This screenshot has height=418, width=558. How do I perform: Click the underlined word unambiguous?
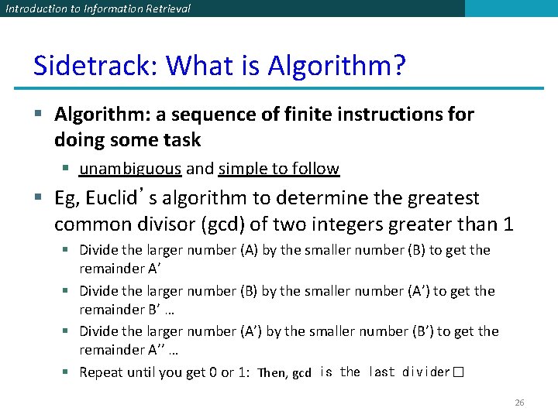[x=130, y=169]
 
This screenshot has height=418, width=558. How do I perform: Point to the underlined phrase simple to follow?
[x=279, y=169]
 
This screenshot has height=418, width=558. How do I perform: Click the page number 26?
[x=519, y=403]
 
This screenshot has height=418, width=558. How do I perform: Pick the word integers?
[x=366, y=225]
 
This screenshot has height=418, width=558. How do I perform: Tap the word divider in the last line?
[x=426, y=372]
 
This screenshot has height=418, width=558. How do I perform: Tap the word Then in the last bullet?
[x=271, y=373]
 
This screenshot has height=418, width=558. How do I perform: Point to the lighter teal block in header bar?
[x=511, y=9]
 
